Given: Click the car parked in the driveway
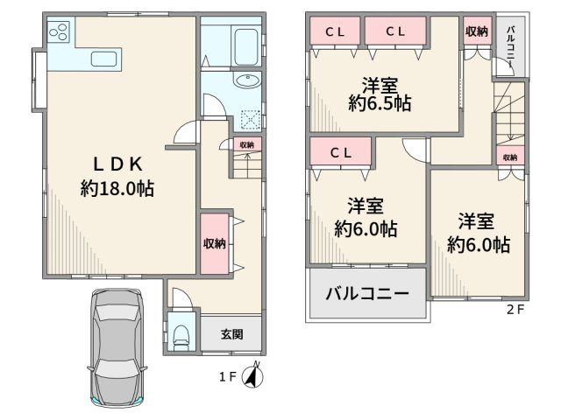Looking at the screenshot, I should point(117,346).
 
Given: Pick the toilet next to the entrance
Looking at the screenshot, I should point(181,335).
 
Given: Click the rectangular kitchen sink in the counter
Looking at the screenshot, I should point(106,59).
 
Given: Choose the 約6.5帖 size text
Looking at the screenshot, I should point(380,102).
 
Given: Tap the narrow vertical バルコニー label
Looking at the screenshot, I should point(510,47).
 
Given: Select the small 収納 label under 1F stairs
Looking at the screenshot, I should point(247,144).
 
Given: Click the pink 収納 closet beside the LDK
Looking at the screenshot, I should point(213,243).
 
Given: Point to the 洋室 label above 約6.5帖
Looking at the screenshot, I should point(380,84).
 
